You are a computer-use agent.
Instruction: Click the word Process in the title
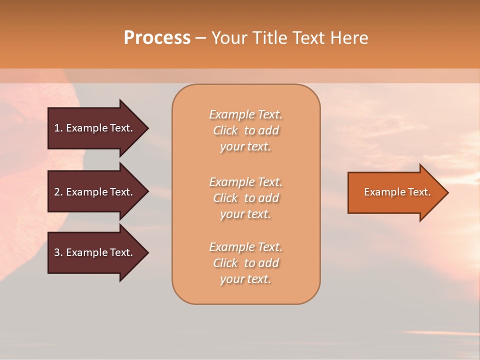point(157,38)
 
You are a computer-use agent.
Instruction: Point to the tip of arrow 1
point(147,128)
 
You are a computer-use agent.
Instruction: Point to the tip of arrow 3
point(147,252)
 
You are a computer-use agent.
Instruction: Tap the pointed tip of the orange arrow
point(447,192)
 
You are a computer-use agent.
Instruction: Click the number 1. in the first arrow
point(58,128)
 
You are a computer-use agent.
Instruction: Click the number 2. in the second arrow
point(58,192)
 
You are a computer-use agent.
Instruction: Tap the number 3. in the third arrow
point(58,252)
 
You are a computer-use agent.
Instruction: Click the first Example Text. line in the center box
point(245,114)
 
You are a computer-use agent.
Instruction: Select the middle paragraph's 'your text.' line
point(245,214)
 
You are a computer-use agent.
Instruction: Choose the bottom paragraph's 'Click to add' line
point(245,263)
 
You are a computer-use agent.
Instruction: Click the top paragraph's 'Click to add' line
point(245,130)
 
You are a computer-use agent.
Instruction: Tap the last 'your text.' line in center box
point(245,279)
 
